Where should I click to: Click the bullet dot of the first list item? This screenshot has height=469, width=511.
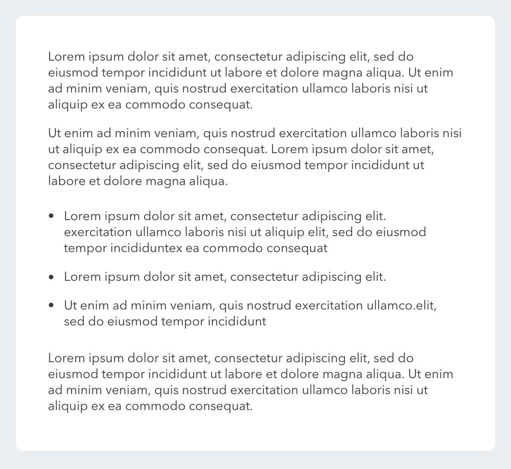click(x=51, y=216)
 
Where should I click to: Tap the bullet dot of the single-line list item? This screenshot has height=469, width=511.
click(x=51, y=277)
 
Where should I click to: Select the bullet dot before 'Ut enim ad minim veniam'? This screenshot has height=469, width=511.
click(x=51, y=305)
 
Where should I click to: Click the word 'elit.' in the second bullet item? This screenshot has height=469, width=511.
click(x=376, y=277)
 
